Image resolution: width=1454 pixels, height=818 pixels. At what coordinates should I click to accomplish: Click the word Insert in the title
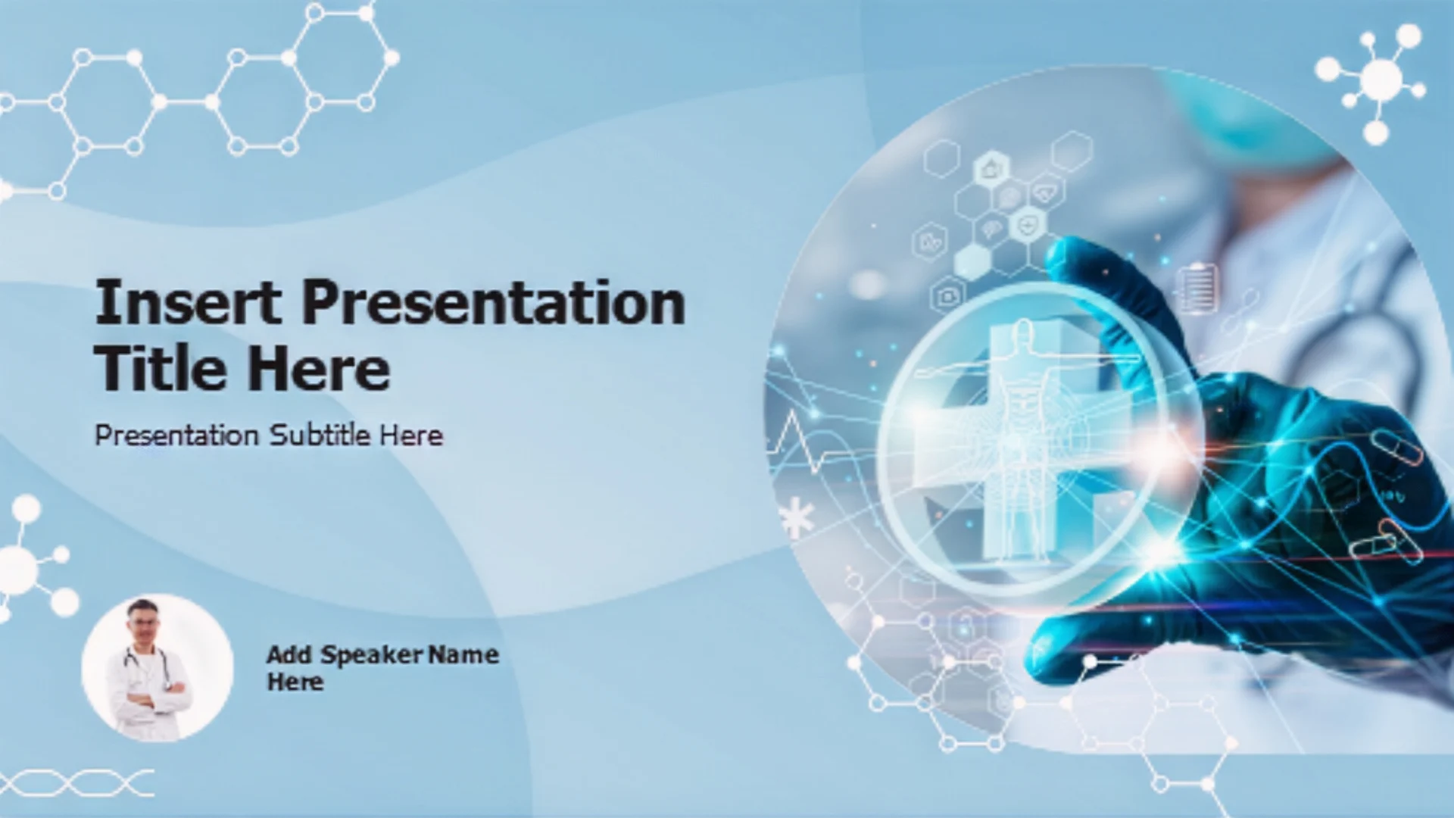pyautogui.click(x=188, y=301)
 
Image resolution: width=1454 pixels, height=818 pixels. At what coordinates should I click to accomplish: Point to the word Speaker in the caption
pyautogui.click(x=371, y=655)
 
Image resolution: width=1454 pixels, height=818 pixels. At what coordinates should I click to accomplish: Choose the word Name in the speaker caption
pyautogui.click(x=463, y=654)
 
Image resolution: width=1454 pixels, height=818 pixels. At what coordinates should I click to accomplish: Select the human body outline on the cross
pyautogui.click(x=1026, y=439)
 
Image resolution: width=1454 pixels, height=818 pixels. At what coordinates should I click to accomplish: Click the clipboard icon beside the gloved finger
pyautogui.click(x=1196, y=288)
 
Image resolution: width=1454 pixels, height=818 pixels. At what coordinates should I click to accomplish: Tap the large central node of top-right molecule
pyautogui.click(x=1381, y=79)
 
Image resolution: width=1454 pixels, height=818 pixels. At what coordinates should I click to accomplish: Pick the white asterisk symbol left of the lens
pyautogui.click(x=797, y=518)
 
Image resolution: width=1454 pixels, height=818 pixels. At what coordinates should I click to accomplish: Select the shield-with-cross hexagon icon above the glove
pyautogui.click(x=1028, y=225)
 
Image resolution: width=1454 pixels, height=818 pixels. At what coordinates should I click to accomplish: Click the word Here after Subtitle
pyautogui.click(x=411, y=436)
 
